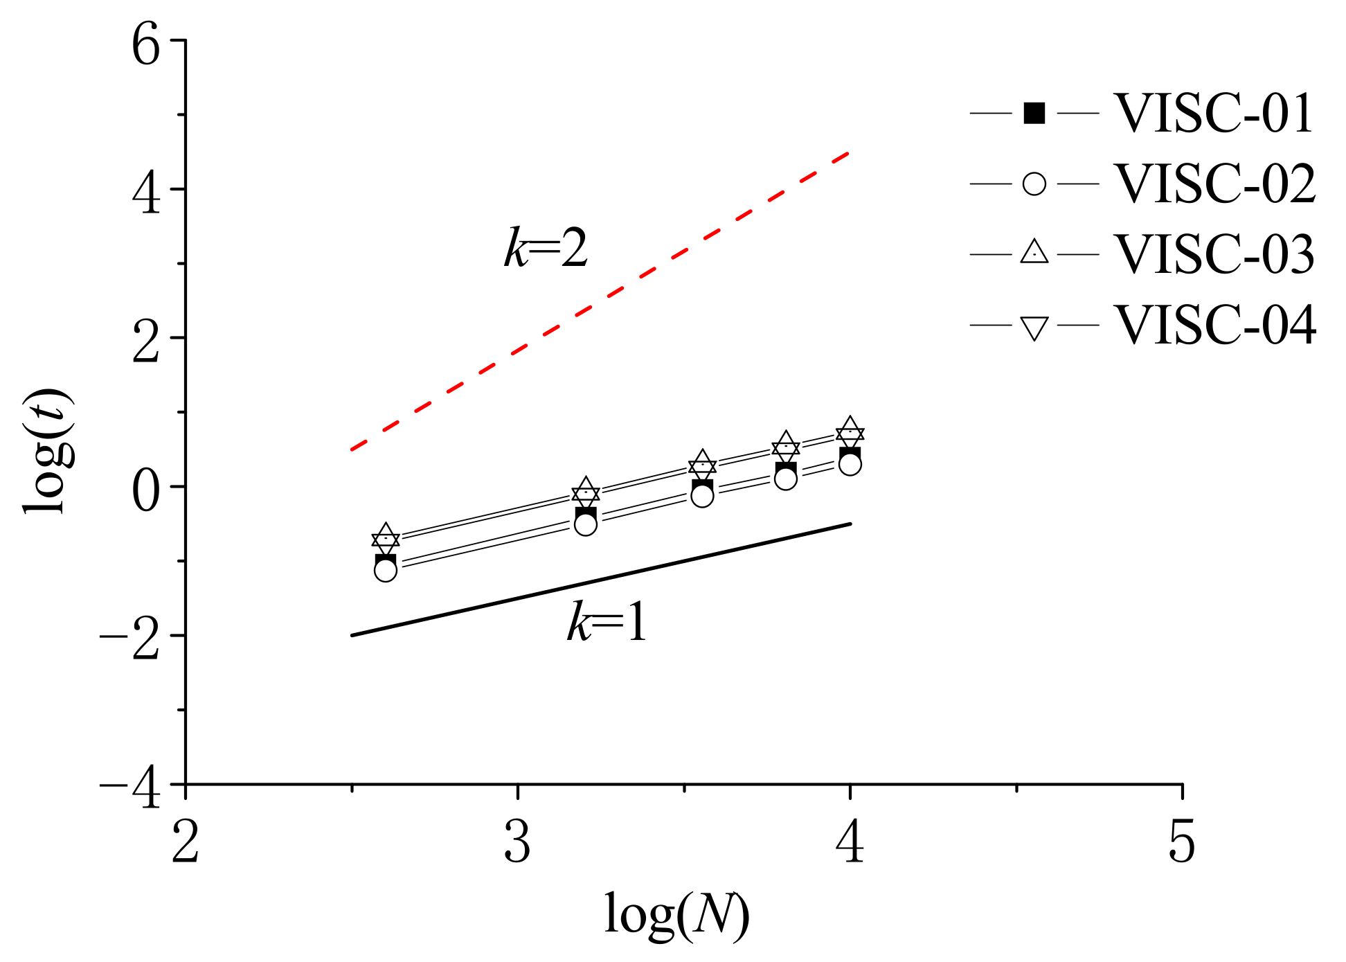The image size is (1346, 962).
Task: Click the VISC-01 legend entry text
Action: point(1213,114)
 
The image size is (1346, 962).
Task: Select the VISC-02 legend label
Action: point(1213,184)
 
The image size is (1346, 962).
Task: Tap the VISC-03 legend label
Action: point(1213,254)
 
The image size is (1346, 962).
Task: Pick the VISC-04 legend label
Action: point(1213,325)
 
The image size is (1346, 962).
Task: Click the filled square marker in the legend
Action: point(1034,113)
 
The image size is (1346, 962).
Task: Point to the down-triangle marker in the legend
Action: point(1034,327)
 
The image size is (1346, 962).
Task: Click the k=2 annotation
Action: point(546,249)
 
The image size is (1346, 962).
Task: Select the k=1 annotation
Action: point(607,622)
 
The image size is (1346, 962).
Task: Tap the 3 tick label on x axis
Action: point(517,843)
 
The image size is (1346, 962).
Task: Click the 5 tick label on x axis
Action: point(1182,843)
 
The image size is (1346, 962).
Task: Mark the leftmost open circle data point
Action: point(386,571)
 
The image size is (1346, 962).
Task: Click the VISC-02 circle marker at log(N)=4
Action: point(850,464)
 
